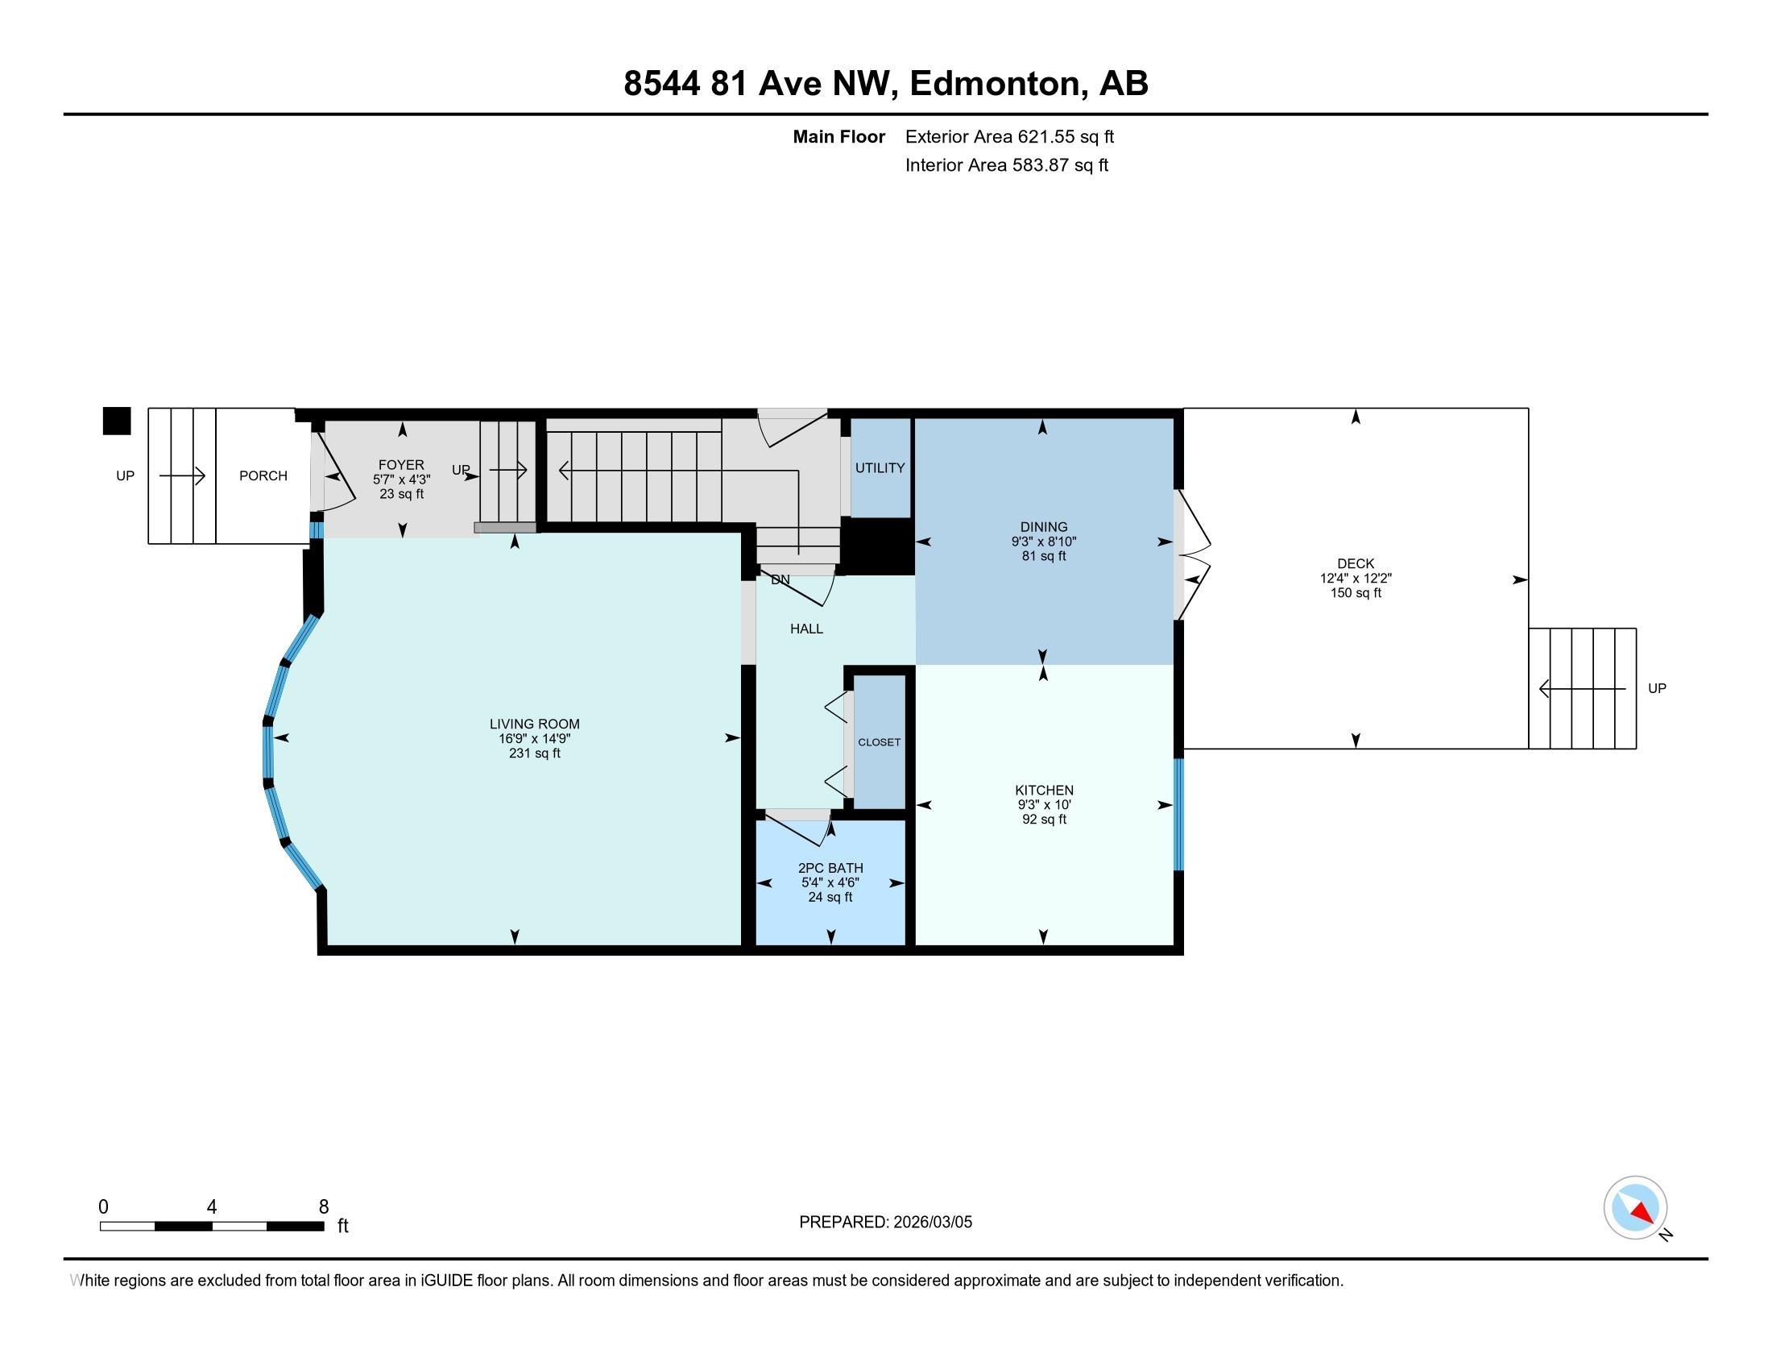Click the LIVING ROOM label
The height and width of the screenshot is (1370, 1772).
[x=535, y=724]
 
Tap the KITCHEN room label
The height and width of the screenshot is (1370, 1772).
[x=1044, y=790]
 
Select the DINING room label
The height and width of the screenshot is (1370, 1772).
[x=1044, y=527]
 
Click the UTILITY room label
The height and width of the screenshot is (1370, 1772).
[x=880, y=467]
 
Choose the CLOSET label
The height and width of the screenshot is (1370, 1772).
[x=880, y=741]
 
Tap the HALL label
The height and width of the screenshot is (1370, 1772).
[x=806, y=629]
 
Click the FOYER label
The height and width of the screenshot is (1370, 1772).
[x=401, y=464]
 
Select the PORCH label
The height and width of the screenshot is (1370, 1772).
[x=263, y=475]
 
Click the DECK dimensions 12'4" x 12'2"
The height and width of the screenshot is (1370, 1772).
[x=1356, y=579]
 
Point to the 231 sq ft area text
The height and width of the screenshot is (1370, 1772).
[x=535, y=753]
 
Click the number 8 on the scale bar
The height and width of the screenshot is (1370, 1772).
[x=324, y=1206]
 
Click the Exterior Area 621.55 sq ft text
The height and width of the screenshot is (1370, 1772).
[x=1009, y=136]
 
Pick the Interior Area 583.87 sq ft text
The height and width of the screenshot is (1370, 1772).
[x=1007, y=164]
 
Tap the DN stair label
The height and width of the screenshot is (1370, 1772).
[x=780, y=579]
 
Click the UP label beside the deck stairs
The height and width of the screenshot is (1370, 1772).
[x=1657, y=688]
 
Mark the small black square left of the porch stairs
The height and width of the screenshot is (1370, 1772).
[x=117, y=421]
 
